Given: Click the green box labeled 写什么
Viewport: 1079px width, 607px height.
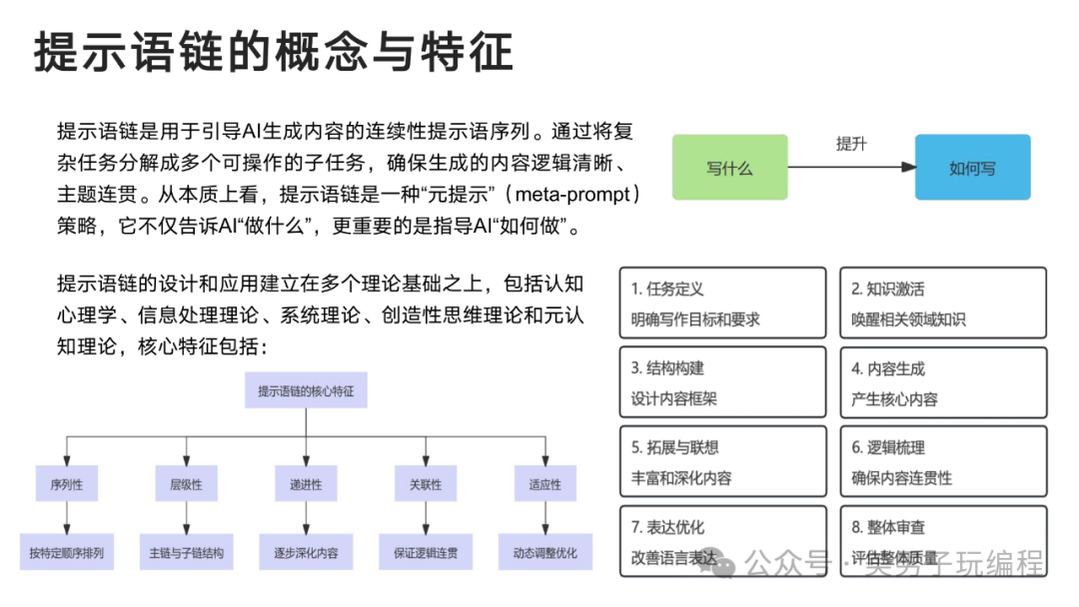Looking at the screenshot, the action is click(x=729, y=167).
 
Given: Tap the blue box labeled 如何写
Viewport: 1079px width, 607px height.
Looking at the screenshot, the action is click(x=972, y=167).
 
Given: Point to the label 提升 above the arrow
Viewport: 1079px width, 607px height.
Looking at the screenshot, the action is click(x=851, y=144).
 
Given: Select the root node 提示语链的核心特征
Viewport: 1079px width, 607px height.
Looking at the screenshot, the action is click(x=306, y=390).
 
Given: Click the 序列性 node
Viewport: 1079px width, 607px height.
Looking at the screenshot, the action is click(x=67, y=484).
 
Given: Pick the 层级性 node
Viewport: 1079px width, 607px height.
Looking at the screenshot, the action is click(x=187, y=484).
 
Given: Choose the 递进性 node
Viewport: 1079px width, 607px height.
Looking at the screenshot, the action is click(x=306, y=484).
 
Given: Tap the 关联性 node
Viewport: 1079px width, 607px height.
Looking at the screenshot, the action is click(x=426, y=484).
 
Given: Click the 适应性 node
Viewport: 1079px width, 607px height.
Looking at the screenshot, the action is click(x=545, y=484).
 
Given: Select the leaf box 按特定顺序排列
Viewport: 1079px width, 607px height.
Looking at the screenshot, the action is click(x=67, y=552).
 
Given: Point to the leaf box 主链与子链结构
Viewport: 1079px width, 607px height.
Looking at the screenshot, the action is click(x=187, y=552).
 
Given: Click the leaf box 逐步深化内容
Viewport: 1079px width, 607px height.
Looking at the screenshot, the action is click(x=306, y=552).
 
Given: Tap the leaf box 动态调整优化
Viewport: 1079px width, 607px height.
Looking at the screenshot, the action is click(x=545, y=552).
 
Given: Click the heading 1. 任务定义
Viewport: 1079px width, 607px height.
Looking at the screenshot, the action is click(x=667, y=289).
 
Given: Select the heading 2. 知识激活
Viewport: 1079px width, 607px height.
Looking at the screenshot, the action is click(x=888, y=289).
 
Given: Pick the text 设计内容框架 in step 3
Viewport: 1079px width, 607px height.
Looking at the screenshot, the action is click(x=673, y=398).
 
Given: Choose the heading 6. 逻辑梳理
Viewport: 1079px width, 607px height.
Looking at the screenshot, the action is click(x=888, y=447).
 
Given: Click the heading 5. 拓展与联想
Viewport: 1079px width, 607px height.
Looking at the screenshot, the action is click(x=675, y=447).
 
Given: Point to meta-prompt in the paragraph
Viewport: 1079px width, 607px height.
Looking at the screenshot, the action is click(x=572, y=195).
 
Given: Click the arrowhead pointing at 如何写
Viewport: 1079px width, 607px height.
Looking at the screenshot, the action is click(x=908, y=167).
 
